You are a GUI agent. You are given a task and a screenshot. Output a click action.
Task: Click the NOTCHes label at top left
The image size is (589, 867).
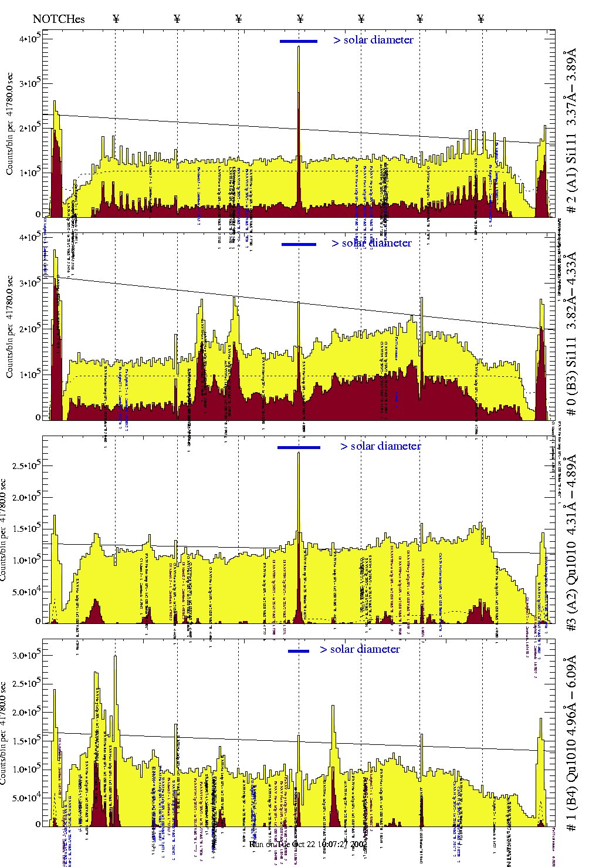[59, 19]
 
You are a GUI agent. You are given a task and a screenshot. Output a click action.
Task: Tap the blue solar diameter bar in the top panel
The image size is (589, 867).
[299, 41]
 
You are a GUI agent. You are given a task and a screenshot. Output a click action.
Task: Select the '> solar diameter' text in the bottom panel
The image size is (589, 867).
[360, 649]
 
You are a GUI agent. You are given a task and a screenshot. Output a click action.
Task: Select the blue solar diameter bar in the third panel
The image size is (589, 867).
[299, 447]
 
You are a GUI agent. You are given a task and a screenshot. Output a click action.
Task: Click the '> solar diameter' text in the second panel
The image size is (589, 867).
[371, 243]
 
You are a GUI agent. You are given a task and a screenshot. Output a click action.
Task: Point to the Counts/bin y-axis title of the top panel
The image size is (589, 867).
[10, 123]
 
